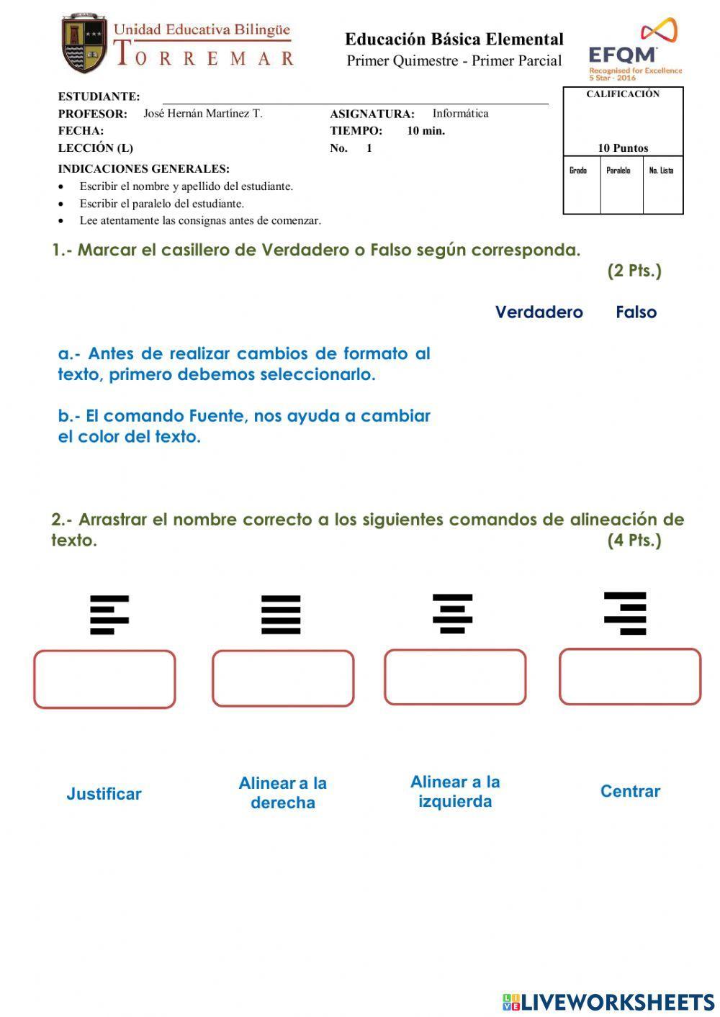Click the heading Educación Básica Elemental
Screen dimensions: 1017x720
[x=454, y=39]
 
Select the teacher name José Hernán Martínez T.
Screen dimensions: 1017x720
[x=202, y=113]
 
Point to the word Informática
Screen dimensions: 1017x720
[x=460, y=113]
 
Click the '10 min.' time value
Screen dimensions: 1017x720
[x=426, y=131]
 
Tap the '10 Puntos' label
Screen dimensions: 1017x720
[x=623, y=148]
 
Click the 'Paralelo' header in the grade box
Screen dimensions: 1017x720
[x=618, y=171]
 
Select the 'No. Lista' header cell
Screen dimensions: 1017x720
[x=661, y=171]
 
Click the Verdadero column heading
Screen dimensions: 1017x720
[x=539, y=312]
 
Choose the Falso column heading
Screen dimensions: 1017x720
[x=636, y=312]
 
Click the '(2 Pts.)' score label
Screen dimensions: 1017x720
[x=634, y=271]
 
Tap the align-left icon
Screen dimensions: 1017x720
[x=109, y=615]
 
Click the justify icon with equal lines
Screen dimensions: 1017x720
[x=281, y=615]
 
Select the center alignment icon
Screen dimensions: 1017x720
[x=452, y=613]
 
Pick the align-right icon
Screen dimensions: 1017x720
[x=625, y=613]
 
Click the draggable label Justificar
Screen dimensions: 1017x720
[x=104, y=794]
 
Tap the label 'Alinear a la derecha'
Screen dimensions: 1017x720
[x=282, y=792]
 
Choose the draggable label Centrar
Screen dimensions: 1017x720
[x=630, y=791]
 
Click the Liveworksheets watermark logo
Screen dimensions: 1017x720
[x=608, y=1002]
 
